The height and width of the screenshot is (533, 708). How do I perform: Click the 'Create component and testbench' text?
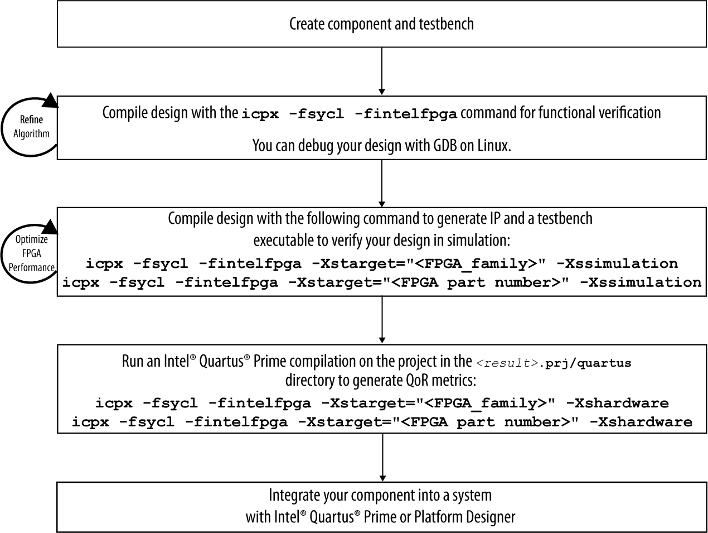[381, 24]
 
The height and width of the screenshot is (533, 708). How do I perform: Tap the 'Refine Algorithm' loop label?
[31, 127]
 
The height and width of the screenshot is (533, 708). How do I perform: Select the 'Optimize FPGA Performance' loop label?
[31, 253]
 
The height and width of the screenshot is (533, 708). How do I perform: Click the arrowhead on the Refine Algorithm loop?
[51, 100]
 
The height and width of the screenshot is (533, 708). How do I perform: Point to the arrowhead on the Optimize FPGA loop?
[51, 227]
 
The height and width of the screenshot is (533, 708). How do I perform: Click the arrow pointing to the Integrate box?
[382, 457]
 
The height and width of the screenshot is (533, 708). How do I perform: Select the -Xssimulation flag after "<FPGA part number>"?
[641, 282]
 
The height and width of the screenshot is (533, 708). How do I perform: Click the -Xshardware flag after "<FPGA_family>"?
[617, 403]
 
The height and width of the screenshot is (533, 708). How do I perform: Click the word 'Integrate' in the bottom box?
[293, 495]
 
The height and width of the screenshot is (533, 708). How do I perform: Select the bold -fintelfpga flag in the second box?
[406, 114]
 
